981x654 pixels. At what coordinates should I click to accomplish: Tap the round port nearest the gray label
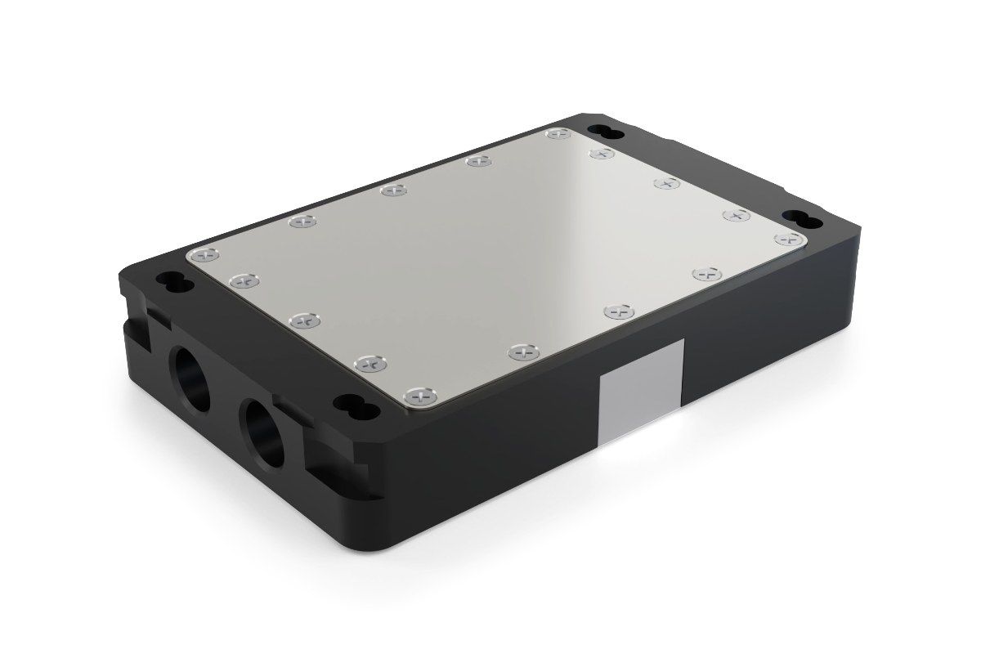tap(262, 432)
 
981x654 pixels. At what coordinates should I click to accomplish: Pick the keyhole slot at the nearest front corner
tap(354, 405)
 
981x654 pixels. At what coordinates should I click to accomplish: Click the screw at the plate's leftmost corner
tap(202, 256)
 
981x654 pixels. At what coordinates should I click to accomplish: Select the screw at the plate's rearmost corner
tap(558, 133)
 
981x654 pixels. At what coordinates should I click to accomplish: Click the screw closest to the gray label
tap(620, 311)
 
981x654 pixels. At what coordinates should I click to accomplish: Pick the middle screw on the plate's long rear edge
tap(394, 190)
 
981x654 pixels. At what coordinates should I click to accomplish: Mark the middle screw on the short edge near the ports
tap(304, 320)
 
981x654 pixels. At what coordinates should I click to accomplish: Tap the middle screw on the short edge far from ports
tap(667, 184)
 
